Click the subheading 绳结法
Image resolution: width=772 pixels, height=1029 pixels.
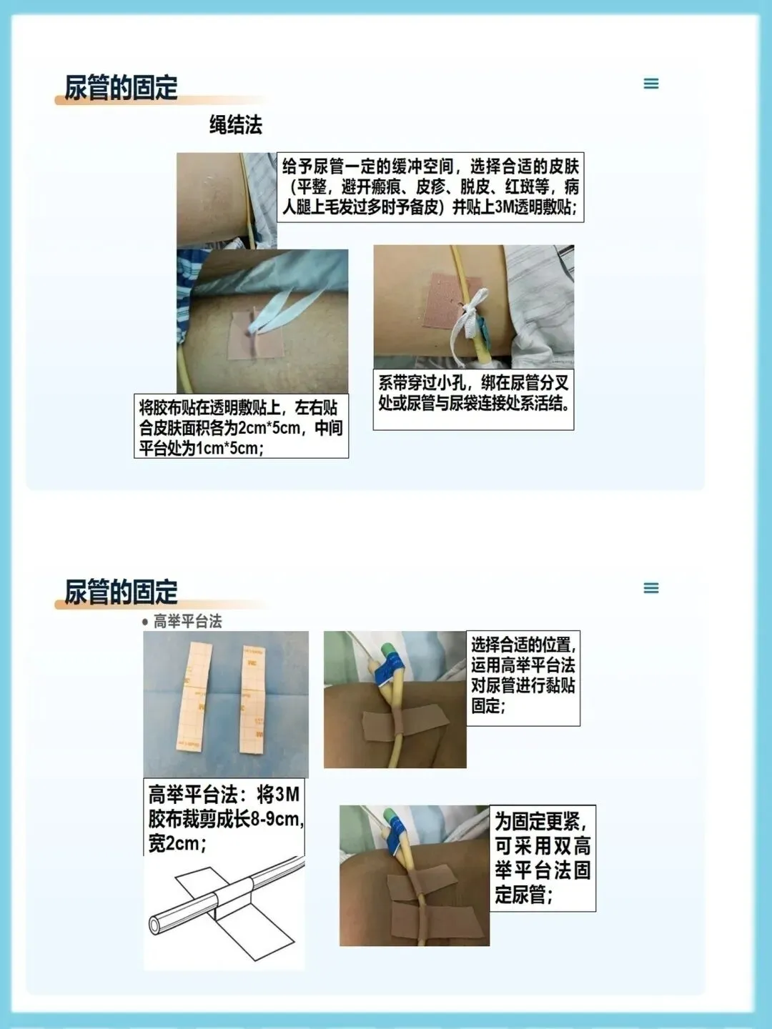(235, 125)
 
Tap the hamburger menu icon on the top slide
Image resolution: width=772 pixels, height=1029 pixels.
(651, 84)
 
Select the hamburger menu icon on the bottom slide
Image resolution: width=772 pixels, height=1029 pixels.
(651, 587)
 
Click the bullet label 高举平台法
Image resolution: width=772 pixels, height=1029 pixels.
(187, 622)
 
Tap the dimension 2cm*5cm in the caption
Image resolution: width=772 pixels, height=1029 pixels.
(269, 428)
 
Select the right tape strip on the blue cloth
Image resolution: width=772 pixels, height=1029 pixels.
(252, 700)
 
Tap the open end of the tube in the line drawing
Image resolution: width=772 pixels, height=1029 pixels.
(154, 925)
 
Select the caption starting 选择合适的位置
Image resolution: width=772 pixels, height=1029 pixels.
(523, 677)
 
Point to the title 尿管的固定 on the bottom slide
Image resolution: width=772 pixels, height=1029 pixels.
(121, 592)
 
